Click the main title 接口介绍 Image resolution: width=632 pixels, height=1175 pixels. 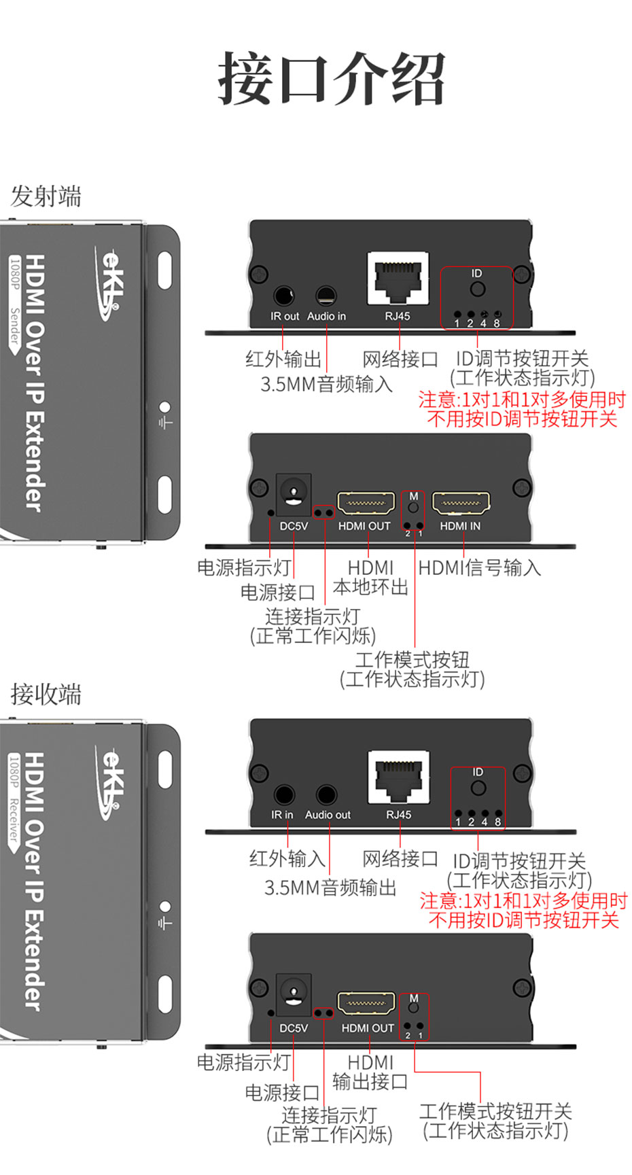pyautogui.click(x=331, y=79)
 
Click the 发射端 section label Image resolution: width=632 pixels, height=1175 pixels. pyautogui.click(x=46, y=196)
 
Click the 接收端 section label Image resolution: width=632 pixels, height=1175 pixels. pyautogui.click(x=46, y=695)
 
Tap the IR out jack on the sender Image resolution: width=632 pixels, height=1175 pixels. pyautogui.click(x=283, y=296)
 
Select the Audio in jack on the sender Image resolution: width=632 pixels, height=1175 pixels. pyautogui.click(x=326, y=296)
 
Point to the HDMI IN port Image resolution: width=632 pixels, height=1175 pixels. pyautogui.click(x=461, y=504)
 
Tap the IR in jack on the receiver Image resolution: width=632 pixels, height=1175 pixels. pyautogui.click(x=284, y=794)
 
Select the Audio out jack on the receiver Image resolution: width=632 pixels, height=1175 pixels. pyautogui.click(x=327, y=794)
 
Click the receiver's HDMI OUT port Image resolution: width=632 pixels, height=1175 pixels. pyautogui.click(x=367, y=1004)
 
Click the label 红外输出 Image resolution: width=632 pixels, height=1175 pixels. pyautogui.click(x=283, y=359)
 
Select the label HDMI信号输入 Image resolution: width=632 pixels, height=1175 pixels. pyautogui.click(x=480, y=568)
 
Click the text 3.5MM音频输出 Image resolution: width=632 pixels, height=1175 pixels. pyautogui.click(x=330, y=888)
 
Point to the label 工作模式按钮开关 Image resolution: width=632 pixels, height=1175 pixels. pyautogui.click(x=495, y=1111)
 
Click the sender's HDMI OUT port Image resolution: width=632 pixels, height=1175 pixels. pyautogui.click(x=366, y=504)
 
